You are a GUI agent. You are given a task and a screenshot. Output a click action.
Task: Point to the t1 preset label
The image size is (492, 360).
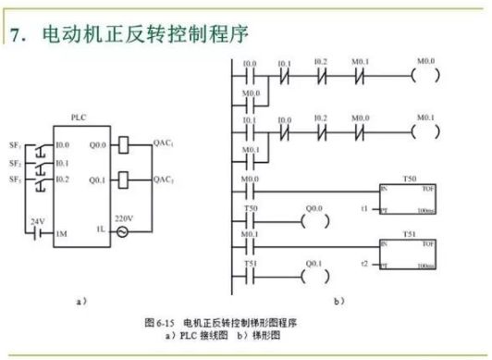[366, 209]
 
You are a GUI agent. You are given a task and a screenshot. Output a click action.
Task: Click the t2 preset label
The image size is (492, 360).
[366, 263]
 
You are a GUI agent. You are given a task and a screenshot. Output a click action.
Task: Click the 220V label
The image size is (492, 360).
[124, 218]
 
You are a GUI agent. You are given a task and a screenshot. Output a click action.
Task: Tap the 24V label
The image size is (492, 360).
[38, 222]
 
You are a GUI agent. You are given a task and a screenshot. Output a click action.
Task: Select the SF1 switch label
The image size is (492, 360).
[16, 146]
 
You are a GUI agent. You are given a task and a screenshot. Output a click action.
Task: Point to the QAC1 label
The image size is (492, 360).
[164, 144]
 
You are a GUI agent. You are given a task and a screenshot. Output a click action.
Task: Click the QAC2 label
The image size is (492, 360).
[164, 179]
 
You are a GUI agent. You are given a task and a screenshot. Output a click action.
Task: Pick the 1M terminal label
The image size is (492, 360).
[62, 234]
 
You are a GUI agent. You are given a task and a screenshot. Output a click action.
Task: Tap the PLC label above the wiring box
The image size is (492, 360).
[79, 119]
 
